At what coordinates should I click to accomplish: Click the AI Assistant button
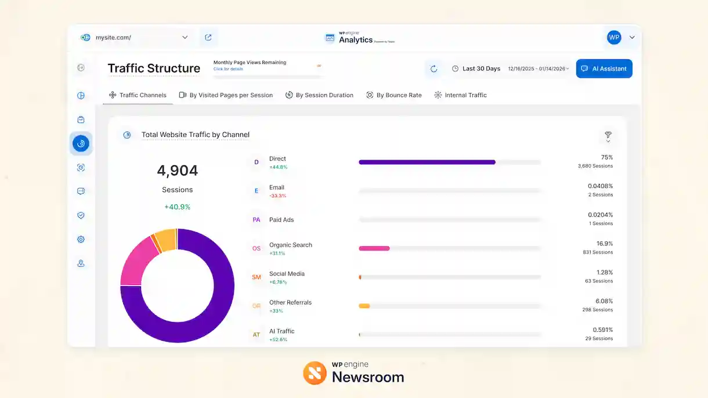[x=604, y=68]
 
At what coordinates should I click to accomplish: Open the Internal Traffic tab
[x=460, y=95]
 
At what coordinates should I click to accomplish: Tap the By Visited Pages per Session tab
[x=226, y=95]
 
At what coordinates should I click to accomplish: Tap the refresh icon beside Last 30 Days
[x=434, y=69]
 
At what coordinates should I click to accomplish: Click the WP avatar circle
[x=614, y=37]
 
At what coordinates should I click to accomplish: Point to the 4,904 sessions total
[x=177, y=171]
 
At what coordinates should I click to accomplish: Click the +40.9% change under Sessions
[x=177, y=207]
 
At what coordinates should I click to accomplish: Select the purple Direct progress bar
[x=427, y=162]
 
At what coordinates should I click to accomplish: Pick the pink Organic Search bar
[x=374, y=248]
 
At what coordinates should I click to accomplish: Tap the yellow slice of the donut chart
[x=165, y=239]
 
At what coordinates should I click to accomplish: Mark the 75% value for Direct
[x=606, y=157]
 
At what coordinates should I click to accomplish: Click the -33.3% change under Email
[x=277, y=196]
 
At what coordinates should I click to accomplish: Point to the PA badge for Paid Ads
[x=257, y=220]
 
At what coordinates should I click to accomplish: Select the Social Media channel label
[x=287, y=274]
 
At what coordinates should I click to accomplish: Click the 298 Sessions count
[x=598, y=310]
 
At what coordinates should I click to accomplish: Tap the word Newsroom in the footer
[x=368, y=377]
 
